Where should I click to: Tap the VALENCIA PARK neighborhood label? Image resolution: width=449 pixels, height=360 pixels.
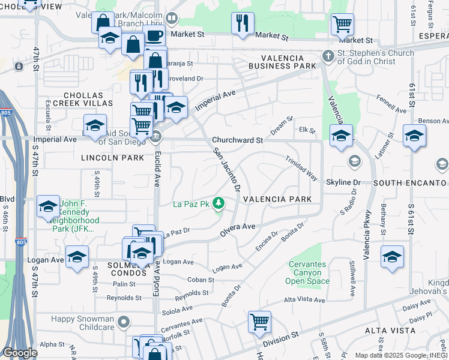click(x=277, y=199)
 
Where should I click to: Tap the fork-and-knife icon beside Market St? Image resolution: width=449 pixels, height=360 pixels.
click(x=243, y=23)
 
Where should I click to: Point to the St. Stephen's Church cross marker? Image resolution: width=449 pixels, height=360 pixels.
click(x=328, y=56)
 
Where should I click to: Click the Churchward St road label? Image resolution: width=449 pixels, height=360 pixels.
click(x=237, y=140)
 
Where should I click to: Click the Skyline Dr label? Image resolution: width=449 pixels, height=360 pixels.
click(x=343, y=182)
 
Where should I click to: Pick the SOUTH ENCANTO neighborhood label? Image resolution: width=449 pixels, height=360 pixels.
click(x=410, y=182)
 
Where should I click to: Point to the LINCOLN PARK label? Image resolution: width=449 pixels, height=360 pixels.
click(x=113, y=158)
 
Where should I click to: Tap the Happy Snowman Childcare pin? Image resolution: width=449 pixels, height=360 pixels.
click(x=124, y=322)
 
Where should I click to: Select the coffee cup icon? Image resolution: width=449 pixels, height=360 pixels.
click(x=154, y=35)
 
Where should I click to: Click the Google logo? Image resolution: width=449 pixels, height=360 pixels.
click(x=19, y=353)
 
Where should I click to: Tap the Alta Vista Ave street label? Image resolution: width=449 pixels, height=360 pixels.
click(x=304, y=300)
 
